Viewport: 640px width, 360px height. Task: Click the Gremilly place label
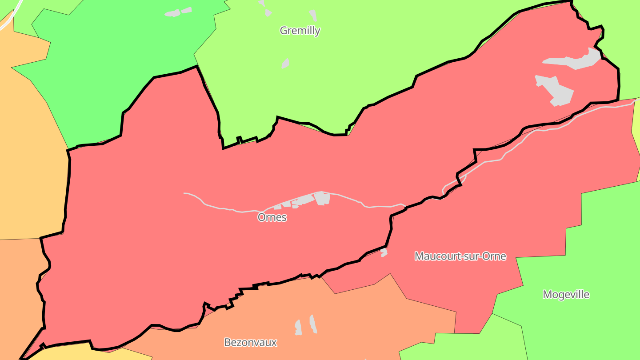(x=300, y=31)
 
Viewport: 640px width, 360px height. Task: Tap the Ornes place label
(x=272, y=217)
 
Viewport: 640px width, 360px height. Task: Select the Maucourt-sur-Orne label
(x=460, y=256)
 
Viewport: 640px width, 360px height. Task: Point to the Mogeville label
(x=566, y=294)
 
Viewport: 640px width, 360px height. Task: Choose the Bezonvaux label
(x=250, y=342)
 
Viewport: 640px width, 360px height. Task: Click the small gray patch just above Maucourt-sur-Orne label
(x=384, y=252)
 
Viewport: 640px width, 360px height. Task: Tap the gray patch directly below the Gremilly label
(x=285, y=64)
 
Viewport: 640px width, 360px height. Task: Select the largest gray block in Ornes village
(x=322, y=198)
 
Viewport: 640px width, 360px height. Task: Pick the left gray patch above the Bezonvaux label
(x=298, y=328)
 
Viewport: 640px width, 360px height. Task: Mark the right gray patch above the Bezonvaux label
(x=313, y=324)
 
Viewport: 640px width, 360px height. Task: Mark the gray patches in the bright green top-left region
(x=178, y=12)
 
